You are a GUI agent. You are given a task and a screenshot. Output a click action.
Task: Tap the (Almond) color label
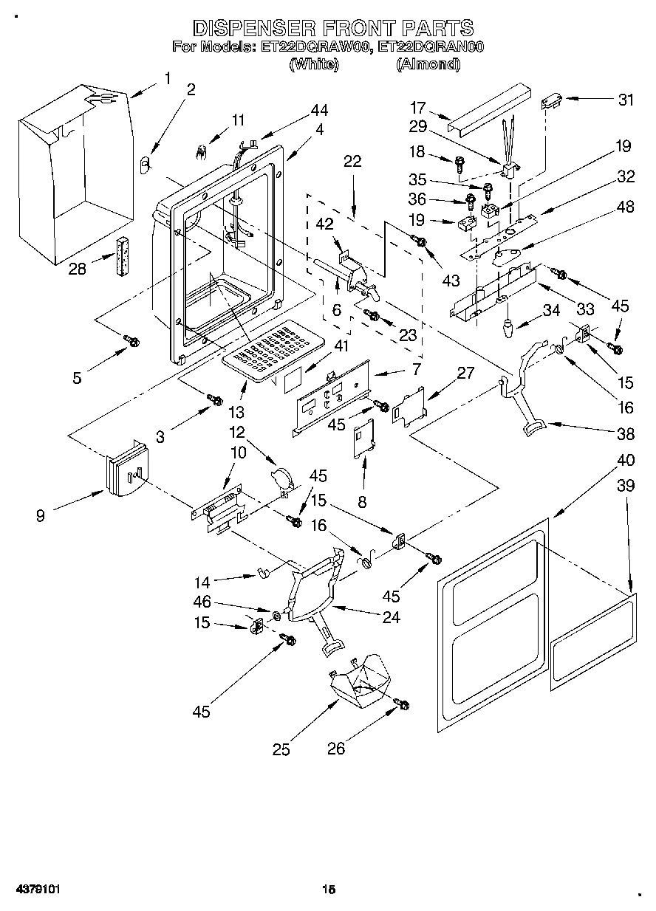[428, 64]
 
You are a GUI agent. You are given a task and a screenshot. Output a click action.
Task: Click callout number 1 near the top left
[167, 78]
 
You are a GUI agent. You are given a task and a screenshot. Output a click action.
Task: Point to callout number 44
[319, 111]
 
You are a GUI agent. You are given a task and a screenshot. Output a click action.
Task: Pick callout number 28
[77, 269]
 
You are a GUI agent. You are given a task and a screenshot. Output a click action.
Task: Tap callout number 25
[281, 749]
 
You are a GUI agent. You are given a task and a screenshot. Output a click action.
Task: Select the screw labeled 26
[403, 705]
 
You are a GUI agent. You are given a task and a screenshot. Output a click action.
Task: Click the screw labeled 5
[132, 340]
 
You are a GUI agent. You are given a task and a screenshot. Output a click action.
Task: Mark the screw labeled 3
[215, 399]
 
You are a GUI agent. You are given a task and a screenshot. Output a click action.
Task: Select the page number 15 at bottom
[329, 890]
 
